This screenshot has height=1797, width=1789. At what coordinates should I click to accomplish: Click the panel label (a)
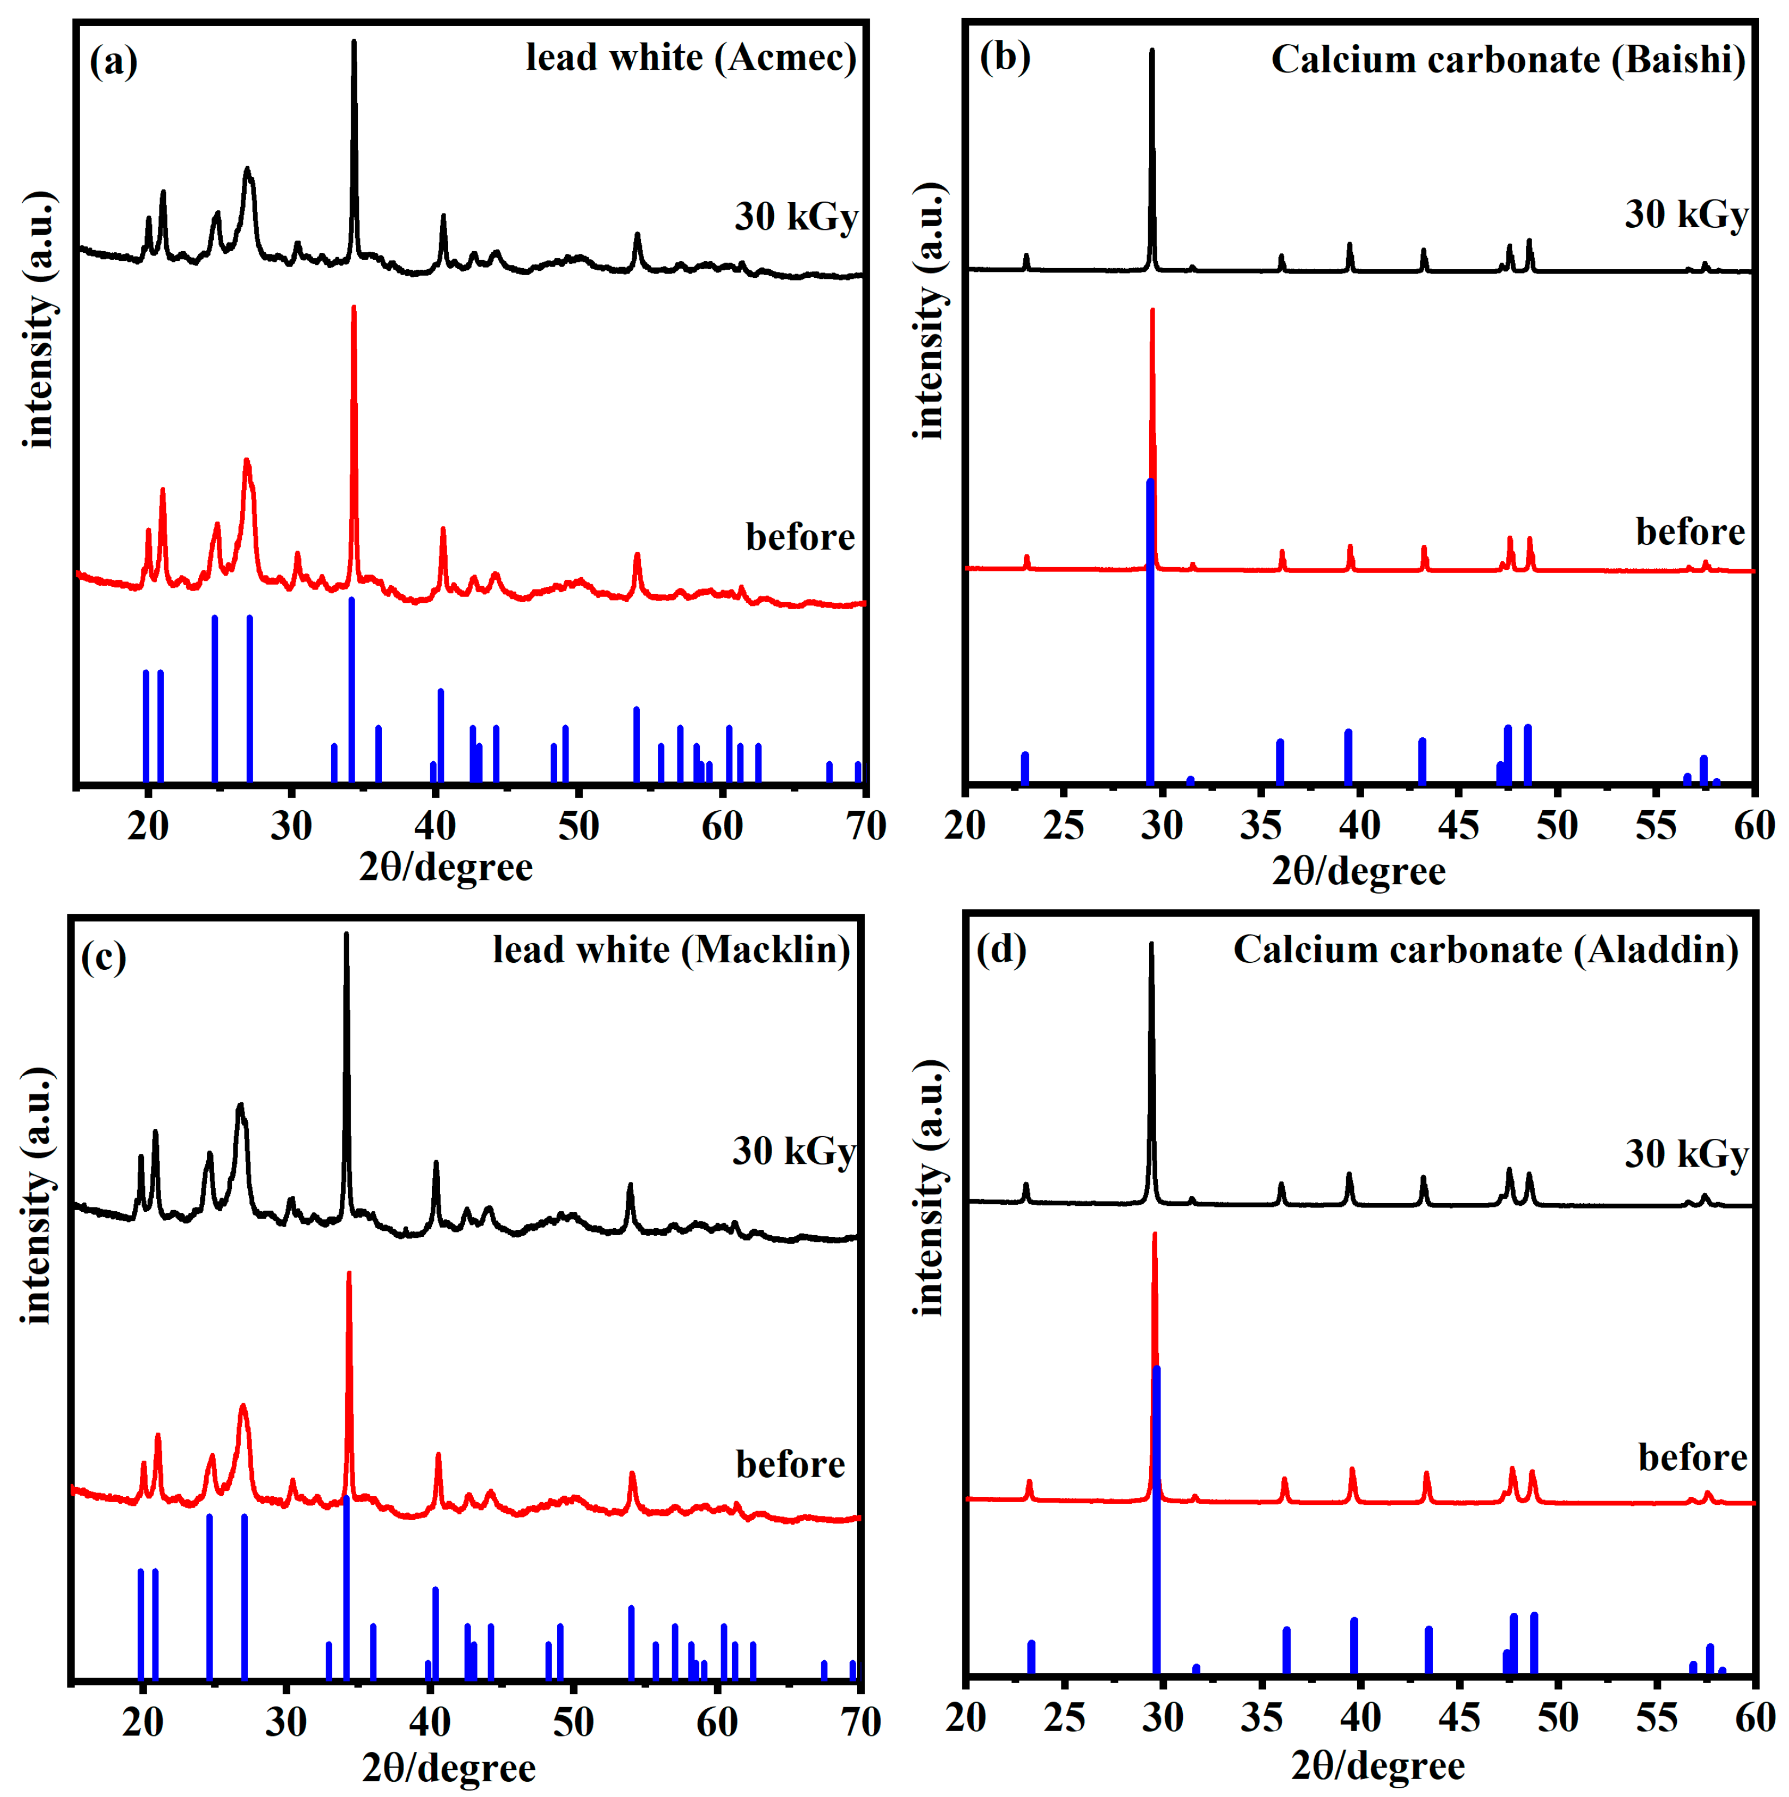pos(113,62)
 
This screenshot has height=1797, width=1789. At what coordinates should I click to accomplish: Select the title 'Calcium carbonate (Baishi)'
pos(1507,59)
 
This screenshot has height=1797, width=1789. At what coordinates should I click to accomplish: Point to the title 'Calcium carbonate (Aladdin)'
pos(1485,950)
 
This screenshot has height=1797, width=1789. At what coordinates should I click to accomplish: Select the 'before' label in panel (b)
pos(1689,532)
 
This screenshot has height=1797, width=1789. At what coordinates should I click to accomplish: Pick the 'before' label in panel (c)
pos(790,1464)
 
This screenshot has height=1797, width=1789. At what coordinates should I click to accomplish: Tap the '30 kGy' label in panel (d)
pos(1686,1154)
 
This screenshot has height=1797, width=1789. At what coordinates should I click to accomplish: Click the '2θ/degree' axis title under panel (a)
pos(447,867)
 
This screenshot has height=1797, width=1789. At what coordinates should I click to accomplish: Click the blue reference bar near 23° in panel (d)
pos(1030,1656)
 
